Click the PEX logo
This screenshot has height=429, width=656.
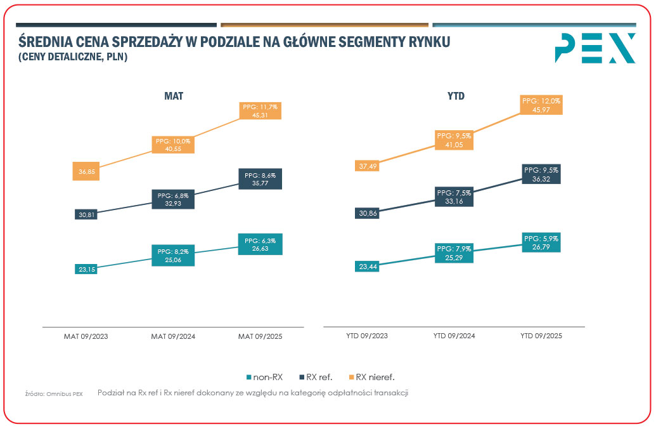pyautogui.click(x=595, y=48)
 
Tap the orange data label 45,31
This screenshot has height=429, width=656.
pyautogui.click(x=260, y=111)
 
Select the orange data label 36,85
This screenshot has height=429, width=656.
pyautogui.click(x=86, y=171)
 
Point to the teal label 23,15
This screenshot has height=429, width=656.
pyautogui.click(x=86, y=269)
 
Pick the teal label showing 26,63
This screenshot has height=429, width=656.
pyautogui.click(x=260, y=244)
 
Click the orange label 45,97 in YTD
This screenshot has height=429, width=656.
pyautogui.click(x=541, y=105)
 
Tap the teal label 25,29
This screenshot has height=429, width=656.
pyautogui.click(x=453, y=252)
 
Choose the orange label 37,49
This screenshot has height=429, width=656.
pyautogui.click(x=367, y=166)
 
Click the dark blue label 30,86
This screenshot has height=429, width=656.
pyautogui.click(x=367, y=213)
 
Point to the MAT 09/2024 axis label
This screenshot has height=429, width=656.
pyautogui.click(x=173, y=336)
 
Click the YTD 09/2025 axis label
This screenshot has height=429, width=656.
pyautogui.click(x=541, y=336)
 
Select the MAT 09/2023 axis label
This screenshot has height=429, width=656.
pyautogui.click(x=86, y=336)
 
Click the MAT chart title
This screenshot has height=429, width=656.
pyautogui.click(x=174, y=96)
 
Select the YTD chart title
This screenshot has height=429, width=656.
pyautogui.click(x=456, y=96)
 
